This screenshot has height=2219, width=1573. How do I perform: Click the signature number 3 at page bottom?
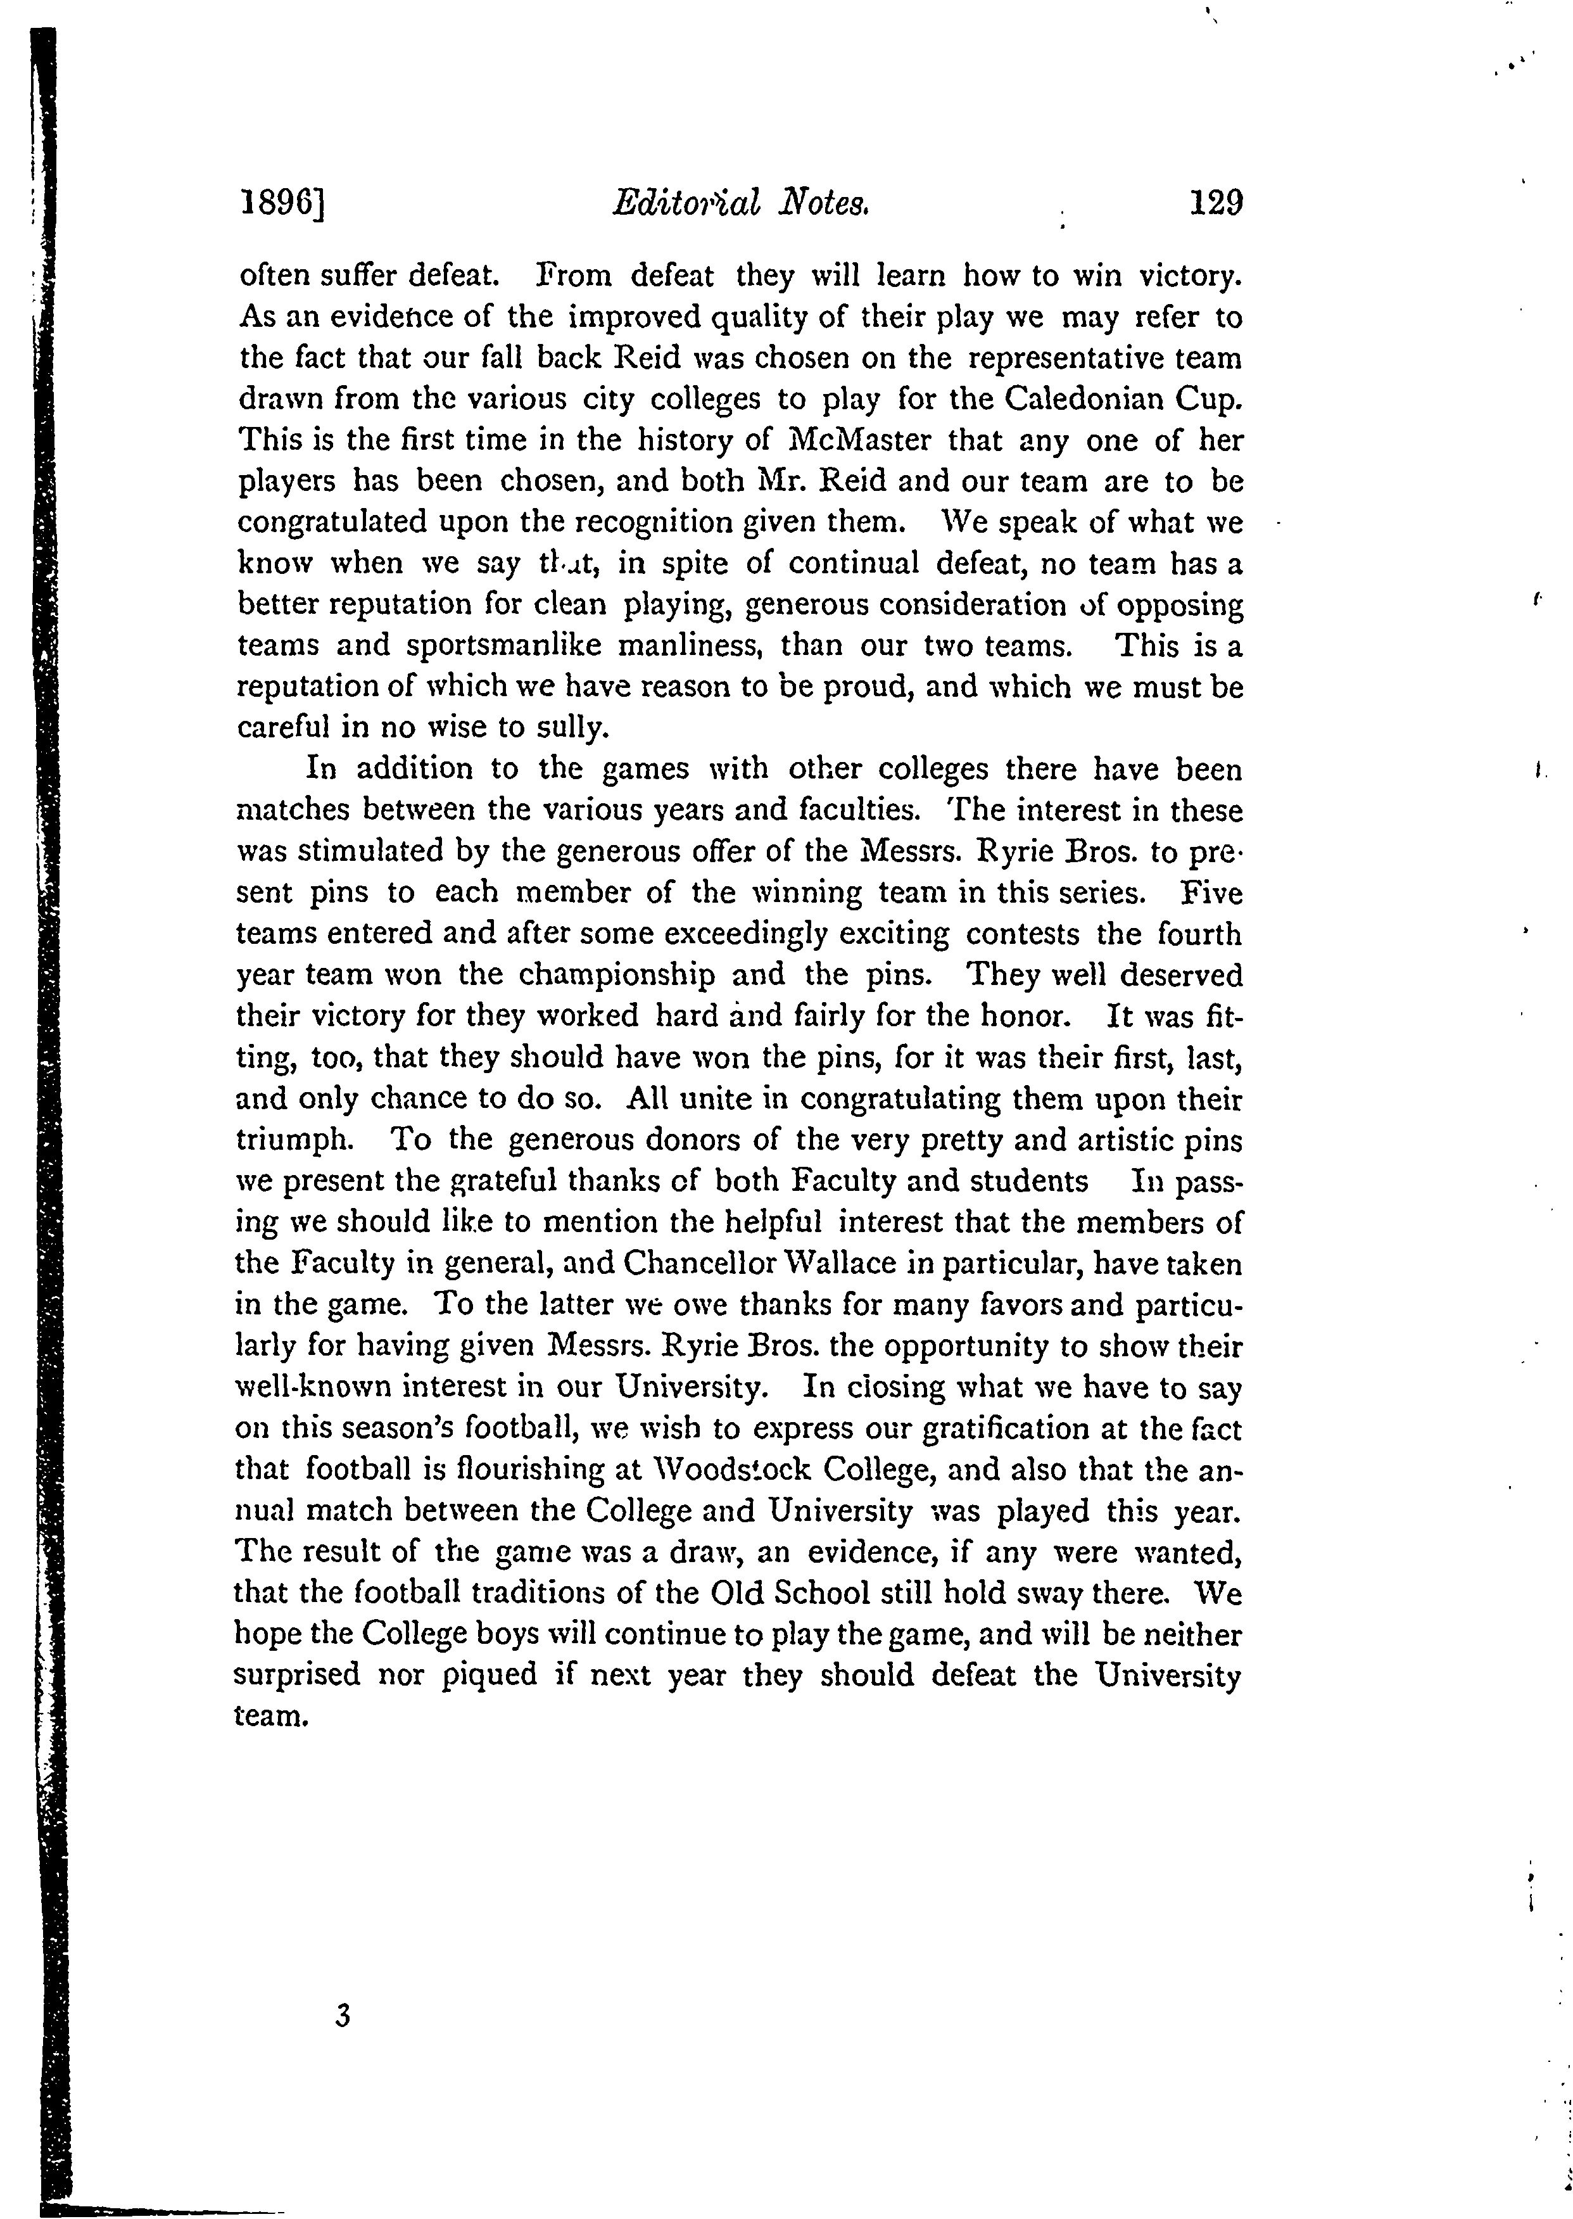[x=340, y=2016]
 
